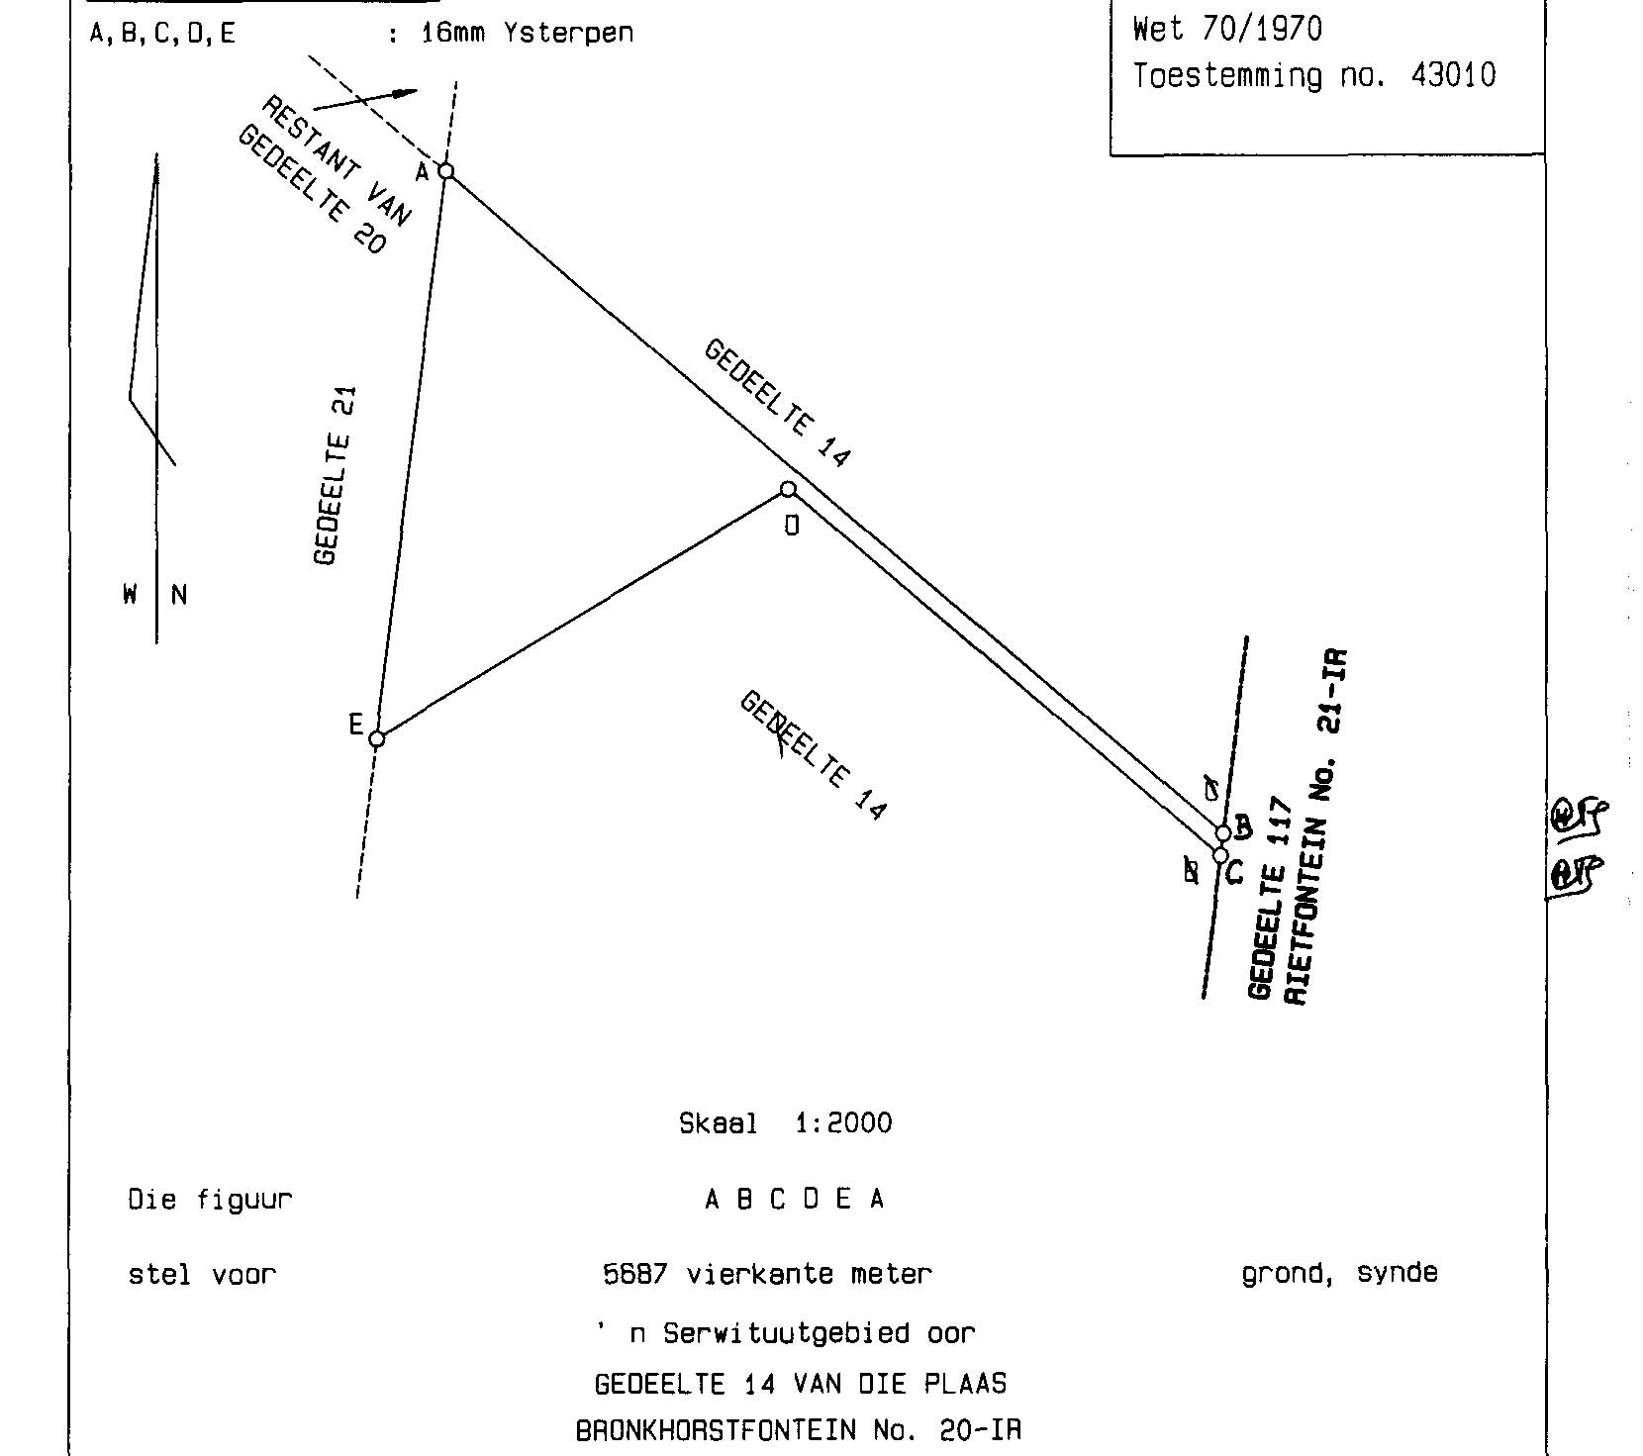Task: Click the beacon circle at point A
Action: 446,171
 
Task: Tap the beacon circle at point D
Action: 788,489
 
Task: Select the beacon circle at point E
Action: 376,738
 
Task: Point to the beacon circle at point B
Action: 1223,833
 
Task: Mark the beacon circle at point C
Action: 1220,855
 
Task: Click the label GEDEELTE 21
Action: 334,475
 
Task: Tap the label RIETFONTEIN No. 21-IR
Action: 1315,826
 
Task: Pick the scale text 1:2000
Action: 843,1123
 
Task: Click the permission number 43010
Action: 1453,76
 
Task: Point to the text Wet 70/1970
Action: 1226,29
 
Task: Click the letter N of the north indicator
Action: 179,595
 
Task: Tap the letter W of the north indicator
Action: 130,595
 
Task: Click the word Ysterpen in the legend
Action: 568,33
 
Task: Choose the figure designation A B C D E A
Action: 794,1200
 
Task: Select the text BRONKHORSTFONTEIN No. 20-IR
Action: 798,1430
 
